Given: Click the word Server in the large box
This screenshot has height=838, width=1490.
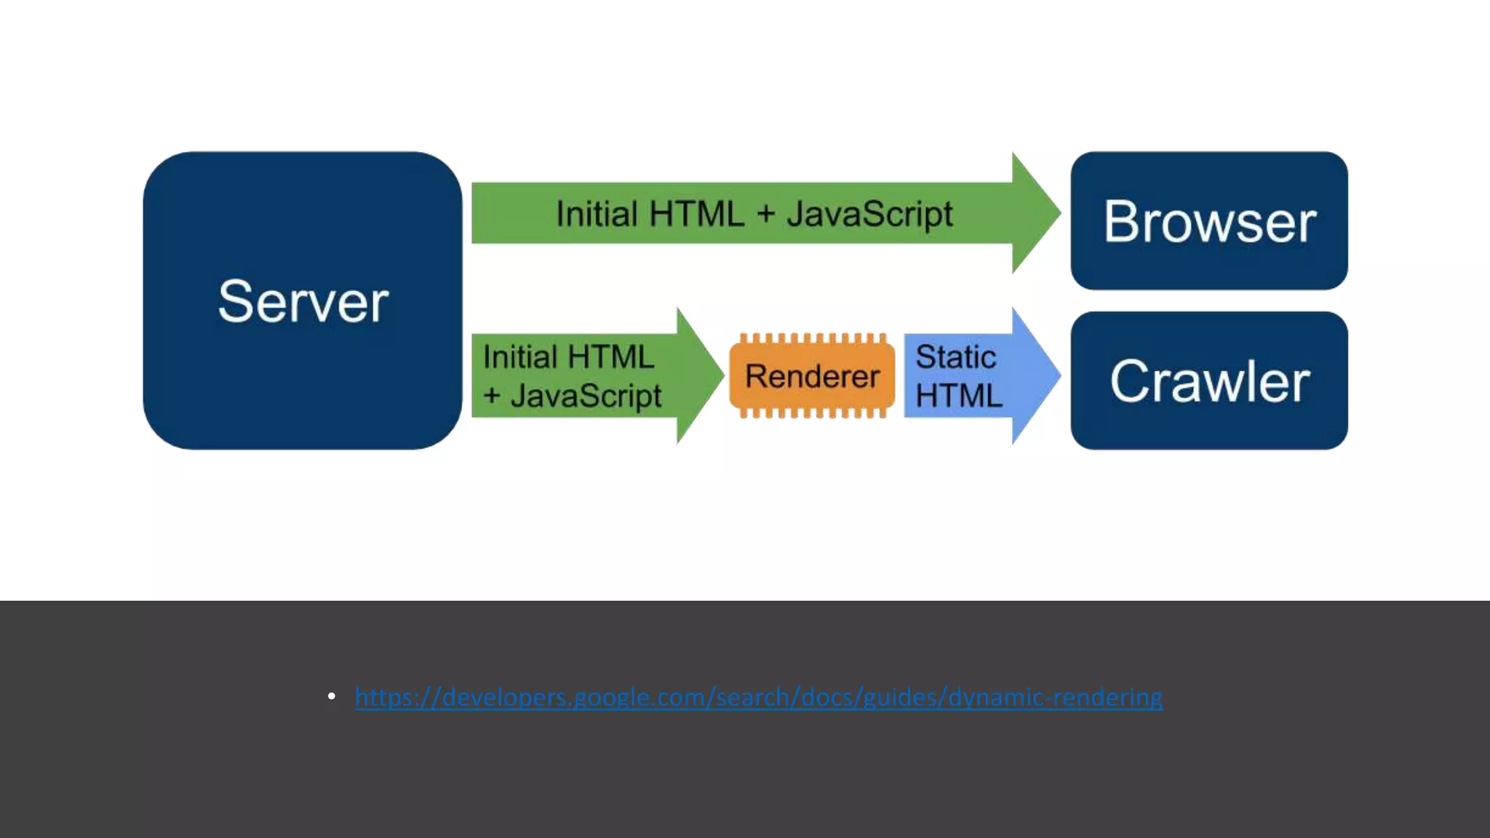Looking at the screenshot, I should tap(303, 301).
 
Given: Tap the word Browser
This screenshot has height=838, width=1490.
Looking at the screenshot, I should tap(1209, 221).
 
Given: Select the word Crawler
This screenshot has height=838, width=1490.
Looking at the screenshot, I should tap(1209, 381).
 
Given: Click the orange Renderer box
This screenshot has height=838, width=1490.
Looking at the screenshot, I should tap(812, 376).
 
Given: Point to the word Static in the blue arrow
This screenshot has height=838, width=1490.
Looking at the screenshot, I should tap(955, 357).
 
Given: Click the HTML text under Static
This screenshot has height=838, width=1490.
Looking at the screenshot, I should tap(958, 396).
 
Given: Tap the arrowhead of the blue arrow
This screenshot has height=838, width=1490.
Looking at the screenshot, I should tap(1035, 375).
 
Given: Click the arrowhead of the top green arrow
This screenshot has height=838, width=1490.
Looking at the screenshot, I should tap(1035, 213).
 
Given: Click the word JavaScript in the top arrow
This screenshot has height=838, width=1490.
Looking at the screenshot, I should tap(869, 214).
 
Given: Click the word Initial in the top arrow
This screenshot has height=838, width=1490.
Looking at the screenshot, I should tap(597, 214).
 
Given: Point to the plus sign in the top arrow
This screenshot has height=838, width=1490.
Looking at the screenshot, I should tap(765, 215).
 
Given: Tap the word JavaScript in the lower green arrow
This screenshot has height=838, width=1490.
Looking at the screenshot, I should tap(586, 396).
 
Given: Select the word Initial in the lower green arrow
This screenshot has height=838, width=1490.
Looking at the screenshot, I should tap(520, 357).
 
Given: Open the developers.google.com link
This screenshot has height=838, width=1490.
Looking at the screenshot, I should tap(758, 697).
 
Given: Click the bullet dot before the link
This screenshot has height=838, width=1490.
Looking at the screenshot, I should tap(332, 697).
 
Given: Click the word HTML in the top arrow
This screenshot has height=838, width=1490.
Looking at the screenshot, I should tap(696, 214).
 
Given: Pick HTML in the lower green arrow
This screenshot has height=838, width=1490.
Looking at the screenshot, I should tap(610, 357).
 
